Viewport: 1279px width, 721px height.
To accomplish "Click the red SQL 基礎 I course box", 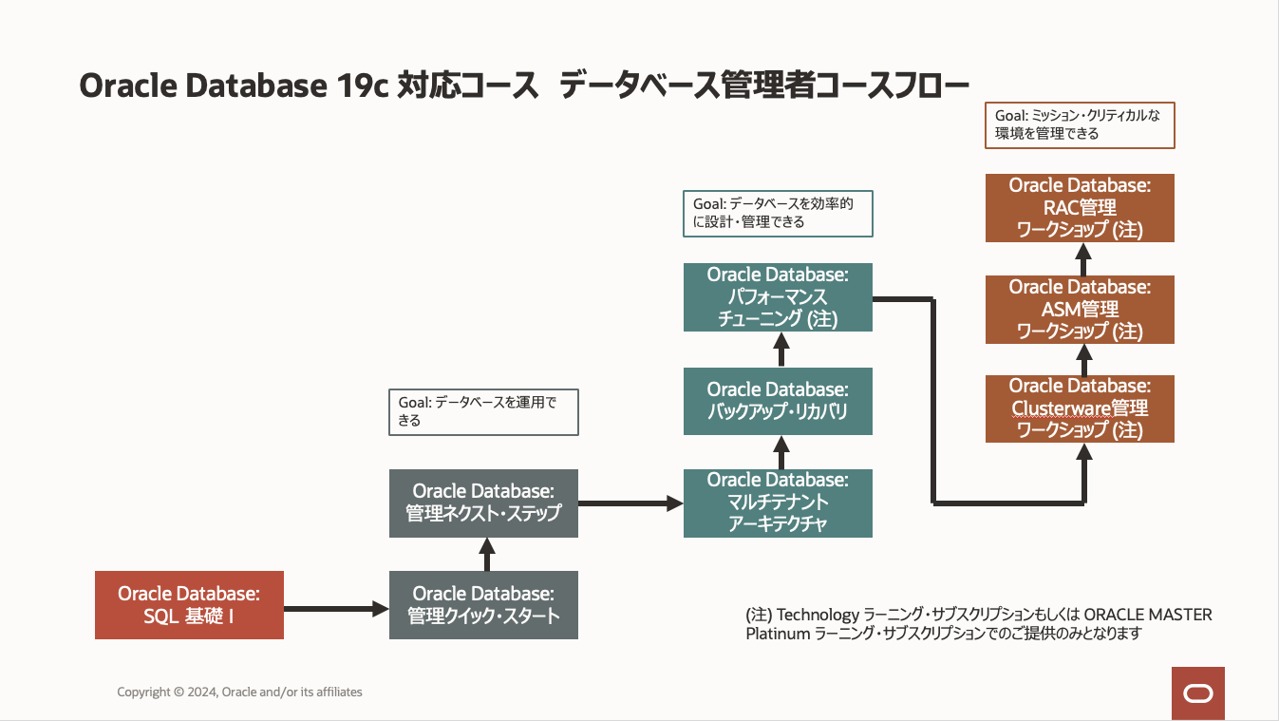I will [189, 605].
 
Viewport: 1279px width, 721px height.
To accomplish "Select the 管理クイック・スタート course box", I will [483, 605].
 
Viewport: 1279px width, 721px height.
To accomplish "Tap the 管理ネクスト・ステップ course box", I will [483, 503].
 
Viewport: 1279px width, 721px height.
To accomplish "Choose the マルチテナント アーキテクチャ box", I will [778, 503].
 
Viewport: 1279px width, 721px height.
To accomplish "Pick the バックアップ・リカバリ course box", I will [778, 401].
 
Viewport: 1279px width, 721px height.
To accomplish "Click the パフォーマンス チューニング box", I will [778, 297].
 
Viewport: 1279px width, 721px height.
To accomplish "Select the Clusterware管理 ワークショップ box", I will [1080, 408].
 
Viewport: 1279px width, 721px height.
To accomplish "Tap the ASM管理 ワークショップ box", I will [1080, 309].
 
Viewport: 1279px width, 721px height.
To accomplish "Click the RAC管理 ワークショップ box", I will [1080, 208].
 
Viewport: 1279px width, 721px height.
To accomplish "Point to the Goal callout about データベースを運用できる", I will [483, 411].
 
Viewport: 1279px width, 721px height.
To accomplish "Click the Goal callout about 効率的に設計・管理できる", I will [777, 213].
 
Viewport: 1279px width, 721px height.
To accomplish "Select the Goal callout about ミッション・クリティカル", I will [1080, 124].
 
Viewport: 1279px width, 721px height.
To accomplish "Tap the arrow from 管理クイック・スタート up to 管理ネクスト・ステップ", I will [487, 554].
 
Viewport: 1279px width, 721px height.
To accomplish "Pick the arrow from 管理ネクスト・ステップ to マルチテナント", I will [630, 503].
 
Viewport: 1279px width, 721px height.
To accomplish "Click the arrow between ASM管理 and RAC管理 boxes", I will [1083, 258].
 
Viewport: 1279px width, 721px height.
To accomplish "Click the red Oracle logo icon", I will [1197, 693].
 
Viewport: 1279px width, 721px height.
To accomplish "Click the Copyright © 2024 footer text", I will [239, 693].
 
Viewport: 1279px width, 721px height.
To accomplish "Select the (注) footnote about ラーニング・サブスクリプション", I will [979, 624].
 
